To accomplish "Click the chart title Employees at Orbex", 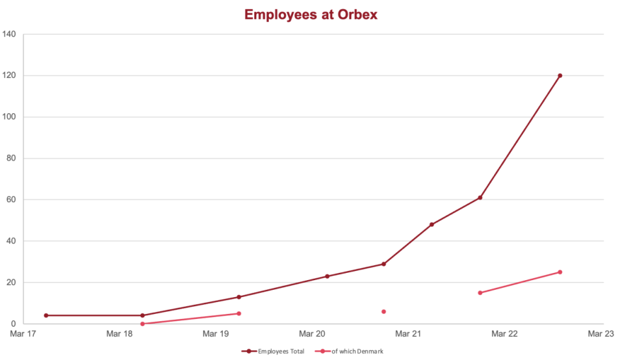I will (311, 15).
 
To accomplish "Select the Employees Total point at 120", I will (560, 76).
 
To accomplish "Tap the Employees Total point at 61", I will (480, 198).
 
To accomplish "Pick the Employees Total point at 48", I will (432, 224).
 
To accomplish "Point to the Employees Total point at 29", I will (384, 264).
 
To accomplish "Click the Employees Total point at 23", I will (328, 277).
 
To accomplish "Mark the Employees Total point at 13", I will (239, 297).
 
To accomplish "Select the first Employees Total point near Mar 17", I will (46, 315).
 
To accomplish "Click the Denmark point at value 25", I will (560, 272).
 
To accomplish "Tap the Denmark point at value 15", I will (480, 293).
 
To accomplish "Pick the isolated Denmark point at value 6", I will (384, 312).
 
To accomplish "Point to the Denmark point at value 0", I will (142, 324).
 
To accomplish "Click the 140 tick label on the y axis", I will (10, 34).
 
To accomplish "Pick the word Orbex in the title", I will (359, 15).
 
